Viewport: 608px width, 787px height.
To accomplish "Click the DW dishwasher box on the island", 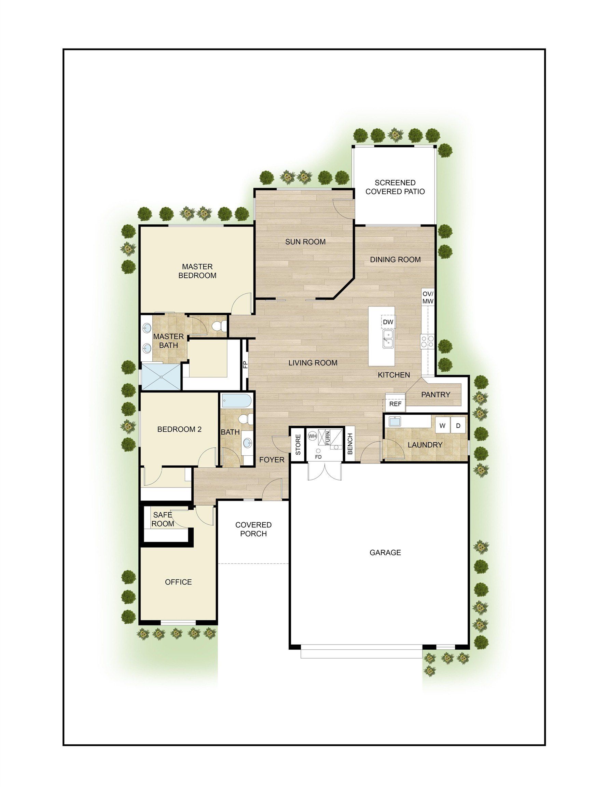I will click(x=388, y=322).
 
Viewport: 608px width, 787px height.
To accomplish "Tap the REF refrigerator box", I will click(x=395, y=404).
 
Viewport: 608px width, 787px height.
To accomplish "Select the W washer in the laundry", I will click(x=443, y=426).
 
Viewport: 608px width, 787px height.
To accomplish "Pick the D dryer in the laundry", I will click(x=458, y=426).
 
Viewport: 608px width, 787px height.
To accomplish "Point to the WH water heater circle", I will click(x=313, y=436).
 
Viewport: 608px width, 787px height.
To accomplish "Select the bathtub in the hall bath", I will click(x=234, y=400).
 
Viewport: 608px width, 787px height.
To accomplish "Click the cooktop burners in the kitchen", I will click(x=427, y=341).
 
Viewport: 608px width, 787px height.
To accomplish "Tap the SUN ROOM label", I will click(x=305, y=242).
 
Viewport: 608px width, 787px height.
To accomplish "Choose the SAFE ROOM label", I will click(x=162, y=519).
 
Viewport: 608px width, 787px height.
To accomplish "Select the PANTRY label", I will click(x=436, y=395).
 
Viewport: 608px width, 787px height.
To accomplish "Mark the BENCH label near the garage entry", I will click(x=350, y=444).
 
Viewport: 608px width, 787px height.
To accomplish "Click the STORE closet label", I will click(x=298, y=444).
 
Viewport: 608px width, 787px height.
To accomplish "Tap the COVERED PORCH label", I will click(x=253, y=529).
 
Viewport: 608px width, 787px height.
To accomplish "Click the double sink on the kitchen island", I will click(x=388, y=340).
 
